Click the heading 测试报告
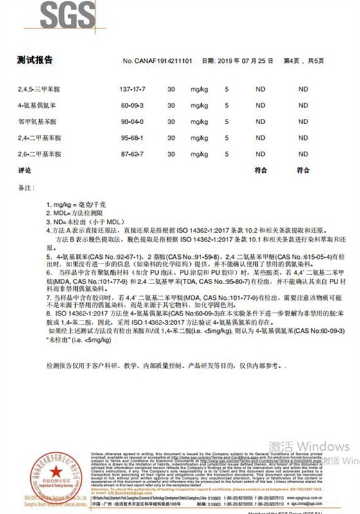(35, 60)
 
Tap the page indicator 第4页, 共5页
(304, 61)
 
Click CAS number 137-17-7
(129, 87)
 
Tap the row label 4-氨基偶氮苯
(39, 105)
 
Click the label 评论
(24, 170)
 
